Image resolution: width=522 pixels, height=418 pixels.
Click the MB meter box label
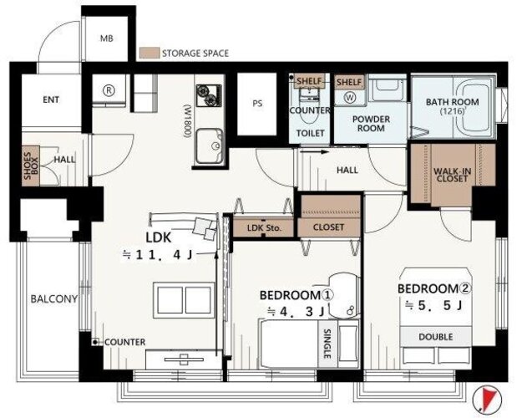click(107, 38)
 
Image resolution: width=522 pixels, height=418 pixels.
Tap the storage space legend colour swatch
click(150, 53)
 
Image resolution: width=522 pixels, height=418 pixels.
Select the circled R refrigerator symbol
click(109, 89)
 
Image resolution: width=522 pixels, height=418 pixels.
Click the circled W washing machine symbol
click(350, 98)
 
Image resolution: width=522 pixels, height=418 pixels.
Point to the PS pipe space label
click(257, 104)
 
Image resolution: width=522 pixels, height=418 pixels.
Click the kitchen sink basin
click(209, 145)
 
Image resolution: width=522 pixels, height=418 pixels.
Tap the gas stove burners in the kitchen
click(209, 95)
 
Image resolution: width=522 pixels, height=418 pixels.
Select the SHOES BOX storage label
click(31, 166)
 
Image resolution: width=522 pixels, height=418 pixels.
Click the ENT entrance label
click(51, 99)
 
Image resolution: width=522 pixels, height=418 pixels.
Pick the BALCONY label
click(54, 298)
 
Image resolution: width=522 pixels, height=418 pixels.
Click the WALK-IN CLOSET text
click(452, 175)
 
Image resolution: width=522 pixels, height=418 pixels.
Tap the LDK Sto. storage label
click(264, 228)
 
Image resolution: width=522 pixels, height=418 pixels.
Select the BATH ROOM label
click(453, 102)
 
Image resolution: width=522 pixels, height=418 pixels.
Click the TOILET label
click(310, 133)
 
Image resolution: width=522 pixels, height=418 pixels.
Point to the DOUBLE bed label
click(436, 337)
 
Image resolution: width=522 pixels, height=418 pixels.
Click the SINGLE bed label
click(327, 344)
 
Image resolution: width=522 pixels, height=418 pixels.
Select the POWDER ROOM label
click(371, 124)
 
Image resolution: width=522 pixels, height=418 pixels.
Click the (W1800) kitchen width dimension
click(188, 121)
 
